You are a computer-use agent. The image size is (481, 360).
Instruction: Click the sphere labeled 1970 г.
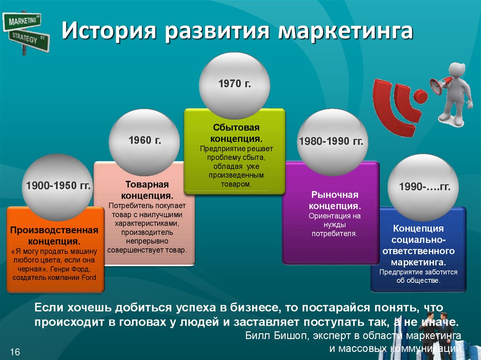[234, 85]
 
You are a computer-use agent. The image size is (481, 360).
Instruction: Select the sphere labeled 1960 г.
[144, 142]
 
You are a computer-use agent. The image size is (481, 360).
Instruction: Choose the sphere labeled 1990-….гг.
[423, 188]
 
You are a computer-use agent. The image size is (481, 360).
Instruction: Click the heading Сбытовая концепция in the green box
[236, 133]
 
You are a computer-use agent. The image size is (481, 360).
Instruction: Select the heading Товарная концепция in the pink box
[147, 190]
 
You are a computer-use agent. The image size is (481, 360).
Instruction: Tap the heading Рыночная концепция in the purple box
[334, 200]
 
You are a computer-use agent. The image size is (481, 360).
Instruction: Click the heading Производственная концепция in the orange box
[54, 236]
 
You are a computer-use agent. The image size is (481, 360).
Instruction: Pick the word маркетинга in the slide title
[346, 31]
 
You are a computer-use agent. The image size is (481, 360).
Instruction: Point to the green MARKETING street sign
[22, 22]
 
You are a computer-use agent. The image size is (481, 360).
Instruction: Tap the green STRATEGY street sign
[29, 40]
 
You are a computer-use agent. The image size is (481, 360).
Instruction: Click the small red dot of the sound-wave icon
[420, 96]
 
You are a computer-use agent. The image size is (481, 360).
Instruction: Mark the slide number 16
[15, 352]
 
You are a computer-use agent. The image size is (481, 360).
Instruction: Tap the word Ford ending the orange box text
[89, 277]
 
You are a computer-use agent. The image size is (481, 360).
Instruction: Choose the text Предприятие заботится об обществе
[418, 276]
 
